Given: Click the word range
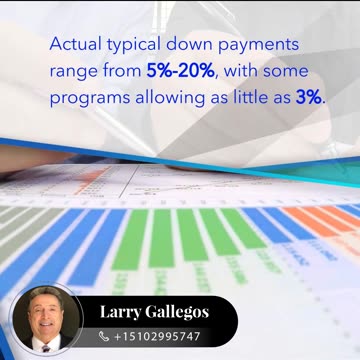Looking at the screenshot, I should (x=71, y=74).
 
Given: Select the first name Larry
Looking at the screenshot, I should (x=122, y=312).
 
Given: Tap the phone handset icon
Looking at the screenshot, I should (x=104, y=337).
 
